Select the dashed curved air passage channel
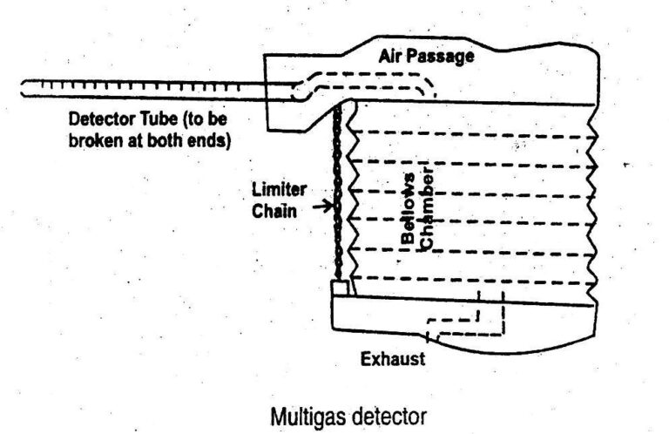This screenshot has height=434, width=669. pyautogui.click(x=366, y=78)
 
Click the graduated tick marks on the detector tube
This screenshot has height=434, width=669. pyautogui.click(x=139, y=86)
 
